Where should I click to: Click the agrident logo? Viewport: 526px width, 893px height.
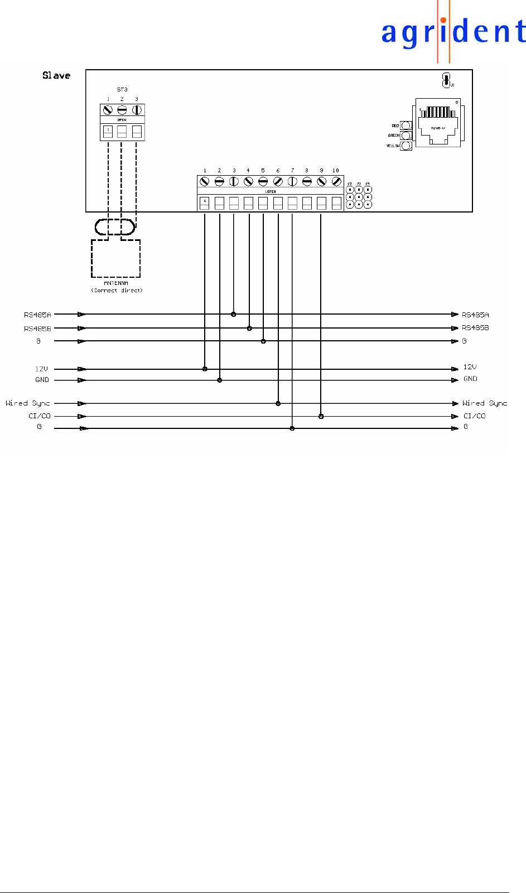[x=453, y=32]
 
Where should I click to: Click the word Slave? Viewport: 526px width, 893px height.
[x=56, y=75]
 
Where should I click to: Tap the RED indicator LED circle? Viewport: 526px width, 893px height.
[x=406, y=125]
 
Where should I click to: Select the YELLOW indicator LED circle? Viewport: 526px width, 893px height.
[x=406, y=146]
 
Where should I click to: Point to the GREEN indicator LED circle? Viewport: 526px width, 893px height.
[x=406, y=136]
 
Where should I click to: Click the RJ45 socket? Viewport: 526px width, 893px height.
[x=439, y=124]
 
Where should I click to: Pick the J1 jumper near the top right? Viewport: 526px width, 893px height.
[x=446, y=80]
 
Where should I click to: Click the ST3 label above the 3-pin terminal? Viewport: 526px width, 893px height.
[x=122, y=89]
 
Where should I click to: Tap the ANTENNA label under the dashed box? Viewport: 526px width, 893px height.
[x=116, y=283]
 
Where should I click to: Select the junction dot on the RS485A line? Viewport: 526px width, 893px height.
[x=234, y=315]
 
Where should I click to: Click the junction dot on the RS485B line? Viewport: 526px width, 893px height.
[x=249, y=329]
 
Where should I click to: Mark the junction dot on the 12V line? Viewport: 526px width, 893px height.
[x=205, y=369]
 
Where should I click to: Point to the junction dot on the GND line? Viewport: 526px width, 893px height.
[x=220, y=380]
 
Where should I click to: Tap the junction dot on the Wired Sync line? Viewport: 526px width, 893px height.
[x=278, y=403]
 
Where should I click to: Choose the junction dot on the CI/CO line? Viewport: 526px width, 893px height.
[x=321, y=416]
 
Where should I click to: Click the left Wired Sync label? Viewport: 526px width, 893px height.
[x=28, y=403]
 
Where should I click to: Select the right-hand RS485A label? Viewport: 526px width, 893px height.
[x=475, y=315]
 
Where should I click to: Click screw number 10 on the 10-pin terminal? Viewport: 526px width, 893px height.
[x=336, y=181]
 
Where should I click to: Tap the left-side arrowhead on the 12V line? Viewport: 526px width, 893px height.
[x=82, y=369]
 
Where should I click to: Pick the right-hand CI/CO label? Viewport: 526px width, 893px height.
[x=475, y=416]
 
